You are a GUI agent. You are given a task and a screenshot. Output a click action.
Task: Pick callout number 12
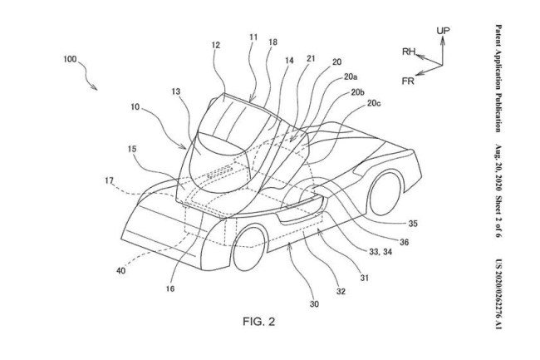(x=215, y=47)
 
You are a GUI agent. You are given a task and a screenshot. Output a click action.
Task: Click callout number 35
(x=390, y=224)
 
